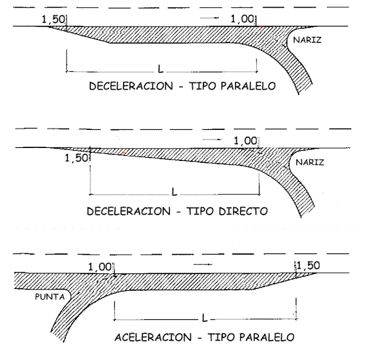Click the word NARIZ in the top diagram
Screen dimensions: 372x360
click(307, 40)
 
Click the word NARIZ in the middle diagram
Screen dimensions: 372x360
click(310, 162)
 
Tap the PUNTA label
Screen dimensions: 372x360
click(50, 297)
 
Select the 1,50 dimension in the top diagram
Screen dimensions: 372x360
click(53, 19)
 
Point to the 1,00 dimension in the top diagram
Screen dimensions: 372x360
click(242, 19)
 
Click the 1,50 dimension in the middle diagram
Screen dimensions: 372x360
click(76, 158)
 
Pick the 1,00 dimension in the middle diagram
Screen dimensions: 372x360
click(245, 141)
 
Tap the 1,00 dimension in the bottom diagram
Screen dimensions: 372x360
click(99, 267)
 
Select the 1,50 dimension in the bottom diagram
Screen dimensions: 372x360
click(308, 266)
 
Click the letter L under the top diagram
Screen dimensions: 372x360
click(161, 69)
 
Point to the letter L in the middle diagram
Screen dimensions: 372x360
click(174, 192)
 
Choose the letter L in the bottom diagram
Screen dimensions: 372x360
click(205, 318)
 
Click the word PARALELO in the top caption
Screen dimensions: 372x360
click(248, 86)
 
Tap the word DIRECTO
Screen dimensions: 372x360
click(243, 211)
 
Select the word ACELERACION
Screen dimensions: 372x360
click(153, 337)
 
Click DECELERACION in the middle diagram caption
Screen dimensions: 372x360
click(129, 211)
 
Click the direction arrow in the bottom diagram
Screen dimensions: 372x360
click(203, 264)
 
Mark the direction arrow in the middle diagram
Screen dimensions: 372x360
click(212, 140)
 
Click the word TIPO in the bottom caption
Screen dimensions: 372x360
click(220, 337)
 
